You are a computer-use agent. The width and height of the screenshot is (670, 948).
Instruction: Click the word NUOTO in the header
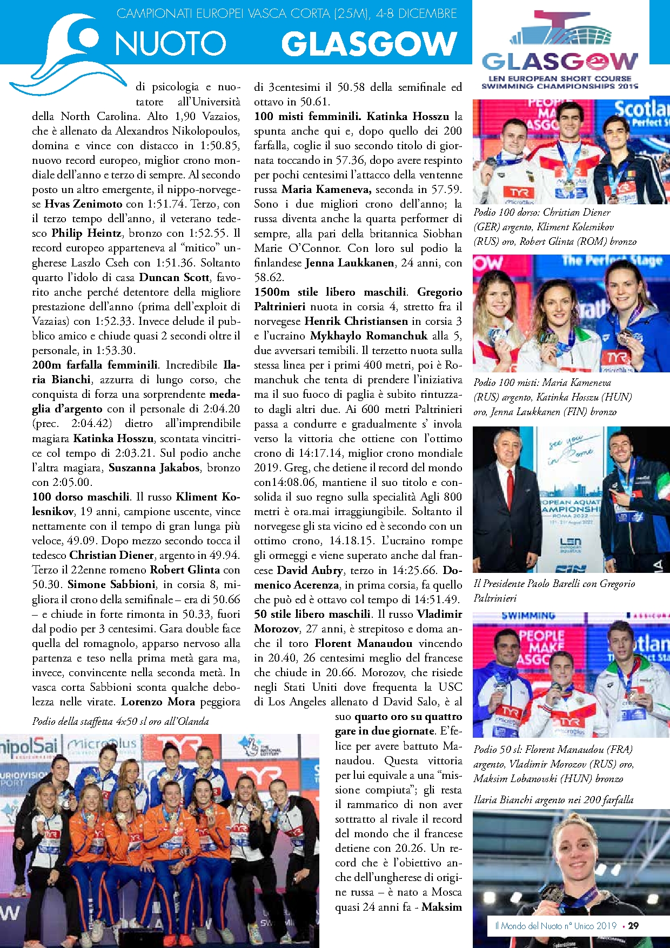tap(170, 44)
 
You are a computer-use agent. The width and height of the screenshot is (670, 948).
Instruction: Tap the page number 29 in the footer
tap(633, 925)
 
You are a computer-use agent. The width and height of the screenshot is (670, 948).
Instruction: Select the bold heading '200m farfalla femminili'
tap(95, 365)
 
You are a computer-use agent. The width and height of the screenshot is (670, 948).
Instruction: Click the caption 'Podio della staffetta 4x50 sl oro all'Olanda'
tap(120, 721)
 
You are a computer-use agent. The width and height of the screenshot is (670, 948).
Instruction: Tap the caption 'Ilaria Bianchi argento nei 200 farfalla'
tap(553, 799)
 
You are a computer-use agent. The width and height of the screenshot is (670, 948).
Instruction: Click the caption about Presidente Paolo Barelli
tap(554, 590)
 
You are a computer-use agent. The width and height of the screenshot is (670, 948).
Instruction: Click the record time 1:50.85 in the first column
tap(219, 145)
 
